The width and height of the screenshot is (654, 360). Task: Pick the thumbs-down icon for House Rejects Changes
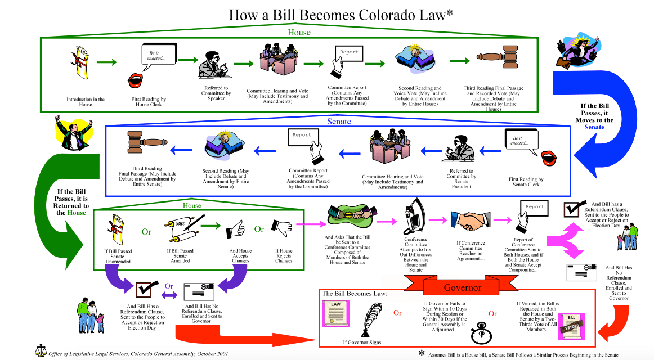tap(283, 228)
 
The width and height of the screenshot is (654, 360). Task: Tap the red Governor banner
tap(463, 287)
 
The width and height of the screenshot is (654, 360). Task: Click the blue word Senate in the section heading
tap(339, 121)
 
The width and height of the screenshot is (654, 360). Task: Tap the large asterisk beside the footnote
tap(420, 353)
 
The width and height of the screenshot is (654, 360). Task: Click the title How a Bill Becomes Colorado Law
tap(341, 14)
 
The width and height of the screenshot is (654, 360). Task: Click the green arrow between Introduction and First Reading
tap(107, 61)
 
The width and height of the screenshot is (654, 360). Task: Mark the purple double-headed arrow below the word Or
tap(169, 295)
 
